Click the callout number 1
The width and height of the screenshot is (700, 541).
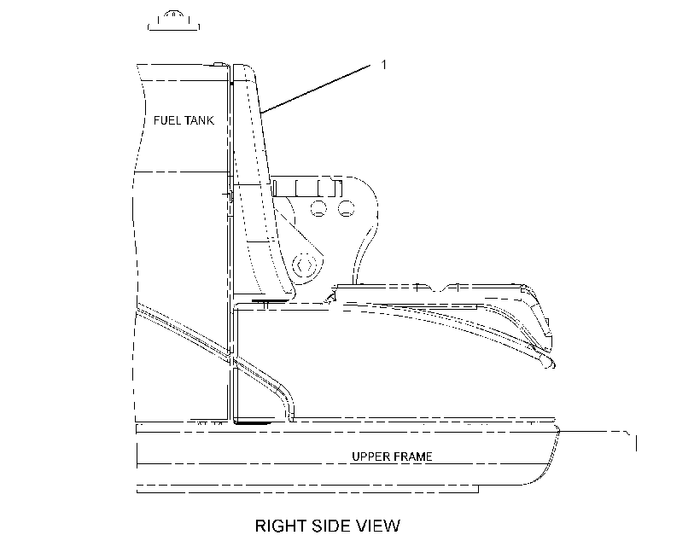click(x=383, y=65)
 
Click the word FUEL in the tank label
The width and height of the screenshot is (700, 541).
click(x=167, y=120)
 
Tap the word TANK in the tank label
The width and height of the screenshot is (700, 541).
click(x=199, y=120)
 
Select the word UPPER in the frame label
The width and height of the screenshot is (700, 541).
click(x=368, y=457)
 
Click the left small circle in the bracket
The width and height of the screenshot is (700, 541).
click(x=318, y=208)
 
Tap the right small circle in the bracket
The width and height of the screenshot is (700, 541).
click(x=346, y=208)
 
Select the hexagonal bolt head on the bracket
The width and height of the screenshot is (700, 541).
click(x=304, y=266)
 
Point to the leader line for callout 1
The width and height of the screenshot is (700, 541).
click(x=315, y=89)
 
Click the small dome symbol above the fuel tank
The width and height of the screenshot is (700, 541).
click(x=173, y=21)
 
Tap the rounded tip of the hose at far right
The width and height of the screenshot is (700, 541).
click(x=550, y=363)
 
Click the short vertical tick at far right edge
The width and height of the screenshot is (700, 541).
click(x=636, y=444)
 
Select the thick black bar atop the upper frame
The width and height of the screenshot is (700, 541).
click(x=254, y=422)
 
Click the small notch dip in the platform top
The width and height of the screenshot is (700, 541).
click(x=440, y=288)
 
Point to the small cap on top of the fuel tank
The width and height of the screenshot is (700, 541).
click(x=219, y=64)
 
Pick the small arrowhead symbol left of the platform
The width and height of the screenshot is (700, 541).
click(x=332, y=295)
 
